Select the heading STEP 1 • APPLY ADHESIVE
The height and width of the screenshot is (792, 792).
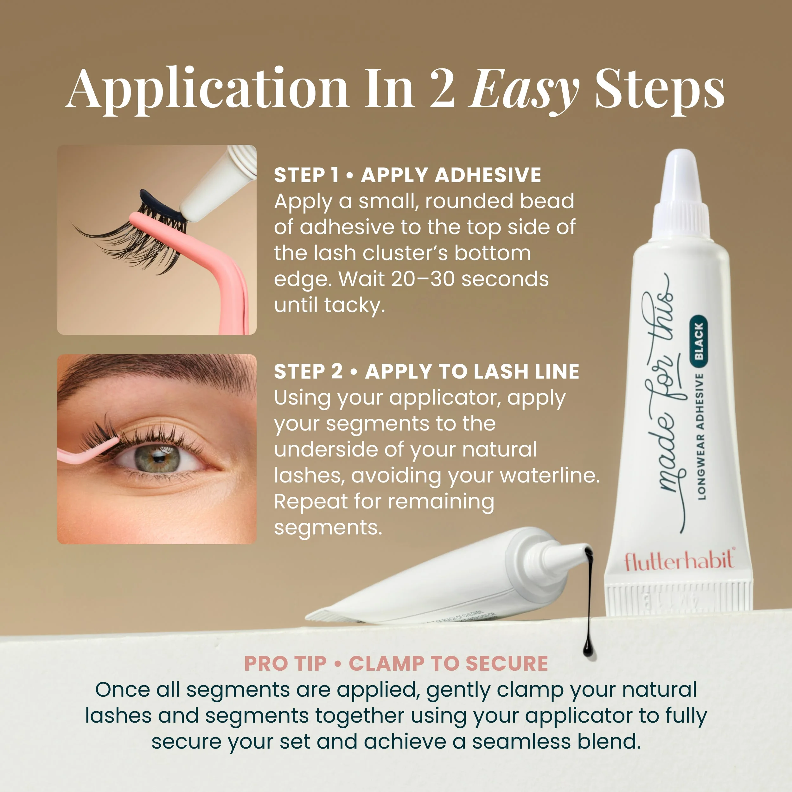(x=407, y=176)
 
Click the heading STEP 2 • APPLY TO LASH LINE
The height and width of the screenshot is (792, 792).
(x=426, y=372)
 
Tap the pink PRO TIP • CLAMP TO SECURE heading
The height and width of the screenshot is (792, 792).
(x=396, y=664)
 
